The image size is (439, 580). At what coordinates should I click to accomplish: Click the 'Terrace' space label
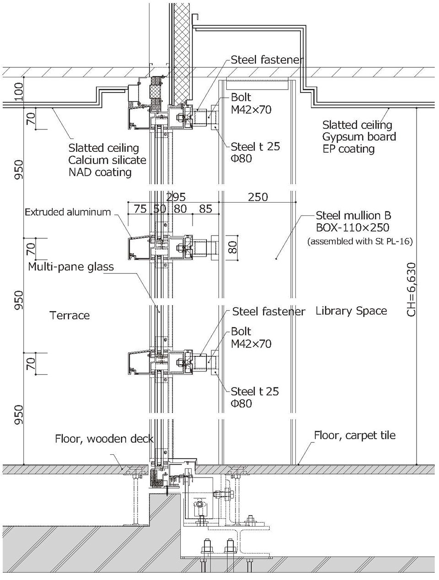pyautogui.click(x=70, y=315)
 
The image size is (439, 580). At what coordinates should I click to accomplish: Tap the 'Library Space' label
pyautogui.click(x=351, y=311)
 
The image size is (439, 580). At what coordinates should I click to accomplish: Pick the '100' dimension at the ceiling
pyautogui.click(x=18, y=93)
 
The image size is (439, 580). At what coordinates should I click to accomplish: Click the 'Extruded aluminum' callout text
pyautogui.click(x=68, y=212)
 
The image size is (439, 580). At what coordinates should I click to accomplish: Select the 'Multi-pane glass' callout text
pyautogui.click(x=70, y=267)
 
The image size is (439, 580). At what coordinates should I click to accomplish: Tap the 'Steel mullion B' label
pyautogui.click(x=353, y=215)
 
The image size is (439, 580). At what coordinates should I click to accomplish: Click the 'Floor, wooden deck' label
pyautogui.click(x=104, y=439)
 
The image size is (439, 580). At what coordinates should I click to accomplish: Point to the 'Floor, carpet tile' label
pyautogui.click(x=354, y=435)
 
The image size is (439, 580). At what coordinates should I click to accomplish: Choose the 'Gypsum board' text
pyautogui.click(x=359, y=136)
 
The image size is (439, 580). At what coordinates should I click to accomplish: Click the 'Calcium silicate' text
pyautogui.click(x=107, y=160)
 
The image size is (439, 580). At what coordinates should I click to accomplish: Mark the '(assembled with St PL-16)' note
pyautogui.click(x=360, y=242)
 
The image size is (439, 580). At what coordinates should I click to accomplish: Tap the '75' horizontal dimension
pyautogui.click(x=140, y=209)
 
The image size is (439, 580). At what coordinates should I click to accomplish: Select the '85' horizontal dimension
pyautogui.click(x=206, y=209)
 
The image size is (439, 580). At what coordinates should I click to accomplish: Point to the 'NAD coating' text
pyautogui.click(x=100, y=172)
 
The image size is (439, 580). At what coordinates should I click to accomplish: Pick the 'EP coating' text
pyautogui.click(x=348, y=148)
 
